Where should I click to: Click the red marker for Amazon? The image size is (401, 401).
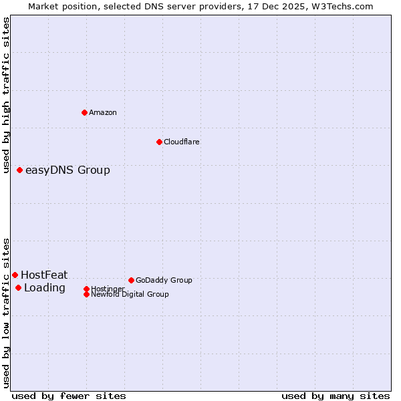[x=84, y=112]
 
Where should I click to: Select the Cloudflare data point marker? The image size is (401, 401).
[x=159, y=142]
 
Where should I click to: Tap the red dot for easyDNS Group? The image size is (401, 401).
[x=20, y=170]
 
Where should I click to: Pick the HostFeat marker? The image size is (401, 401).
[x=15, y=275]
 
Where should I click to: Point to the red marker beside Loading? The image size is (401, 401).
[x=18, y=288]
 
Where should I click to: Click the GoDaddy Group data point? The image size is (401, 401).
[x=131, y=280]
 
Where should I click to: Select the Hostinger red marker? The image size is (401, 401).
[x=86, y=289]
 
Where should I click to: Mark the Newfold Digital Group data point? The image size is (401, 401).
[x=86, y=294]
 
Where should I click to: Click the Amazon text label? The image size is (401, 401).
[x=103, y=112]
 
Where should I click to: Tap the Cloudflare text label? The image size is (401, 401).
[x=182, y=142]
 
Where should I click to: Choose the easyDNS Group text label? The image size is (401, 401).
[x=68, y=170]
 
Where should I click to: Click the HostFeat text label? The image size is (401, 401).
[x=44, y=275]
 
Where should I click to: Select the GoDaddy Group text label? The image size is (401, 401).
[x=164, y=280]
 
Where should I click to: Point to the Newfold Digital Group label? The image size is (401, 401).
[x=130, y=294]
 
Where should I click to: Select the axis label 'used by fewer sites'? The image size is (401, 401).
[x=69, y=396]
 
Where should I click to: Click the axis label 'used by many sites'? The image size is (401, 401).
[x=336, y=396]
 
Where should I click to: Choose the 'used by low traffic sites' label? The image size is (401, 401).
[x=6, y=313]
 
